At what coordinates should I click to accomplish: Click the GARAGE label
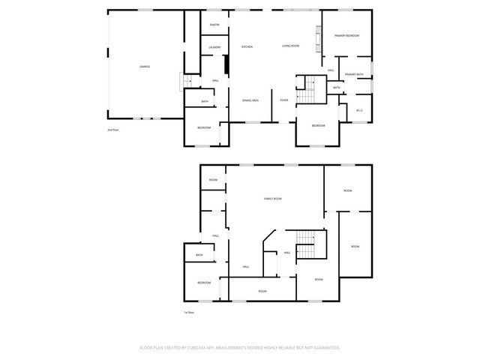pos(145,66)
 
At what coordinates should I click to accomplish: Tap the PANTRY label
pos(214,25)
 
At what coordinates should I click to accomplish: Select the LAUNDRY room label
pos(214,47)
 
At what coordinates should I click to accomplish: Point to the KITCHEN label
pos(247,46)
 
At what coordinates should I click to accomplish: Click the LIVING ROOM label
pos(290,46)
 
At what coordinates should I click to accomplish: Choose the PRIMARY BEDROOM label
pos(347,36)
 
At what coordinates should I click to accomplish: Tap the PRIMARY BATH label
pos(354,74)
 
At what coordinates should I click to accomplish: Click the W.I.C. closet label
pos(359,110)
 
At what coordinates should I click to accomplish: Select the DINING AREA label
pos(250,100)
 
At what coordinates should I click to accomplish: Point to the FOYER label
pos(284,100)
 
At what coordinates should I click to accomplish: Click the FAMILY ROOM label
pos(272,198)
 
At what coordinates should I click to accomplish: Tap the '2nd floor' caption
pos(113,130)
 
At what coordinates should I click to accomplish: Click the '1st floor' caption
pos(190,312)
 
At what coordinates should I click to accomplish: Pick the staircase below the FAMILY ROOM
pos(305,247)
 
